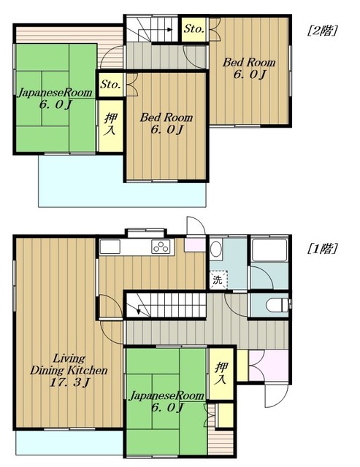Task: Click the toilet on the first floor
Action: [278, 305]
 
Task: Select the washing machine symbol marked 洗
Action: [218, 279]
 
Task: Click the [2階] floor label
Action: [323, 31]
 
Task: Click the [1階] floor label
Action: [323, 248]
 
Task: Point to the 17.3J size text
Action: [69, 382]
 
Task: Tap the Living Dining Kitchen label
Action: [69, 364]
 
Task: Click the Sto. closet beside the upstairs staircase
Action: [194, 29]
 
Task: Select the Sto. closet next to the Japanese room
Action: [110, 85]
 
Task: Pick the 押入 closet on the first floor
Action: [221, 374]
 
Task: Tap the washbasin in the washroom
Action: [216, 248]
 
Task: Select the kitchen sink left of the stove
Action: [110, 247]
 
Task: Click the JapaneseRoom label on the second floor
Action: [55, 93]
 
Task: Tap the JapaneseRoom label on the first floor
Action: [166, 395]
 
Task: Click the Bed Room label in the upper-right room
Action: [249, 63]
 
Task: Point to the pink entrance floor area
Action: [269, 365]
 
